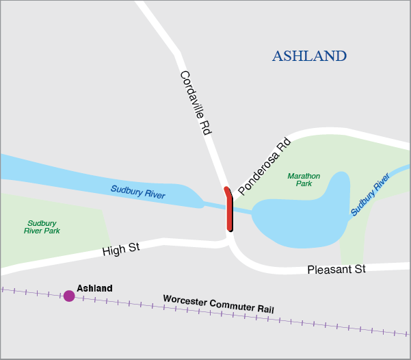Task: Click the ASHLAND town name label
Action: [x=309, y=56]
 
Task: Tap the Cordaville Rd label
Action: [x=194, y=102]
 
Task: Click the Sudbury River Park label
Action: [x=42, y=227]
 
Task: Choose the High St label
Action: [x=121, y=249]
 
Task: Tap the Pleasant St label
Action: [x=336, y=269]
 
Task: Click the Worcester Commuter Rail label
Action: [x=218, y=304]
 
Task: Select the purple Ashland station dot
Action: [x=69, y=296]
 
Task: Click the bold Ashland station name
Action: [x=94, y=288]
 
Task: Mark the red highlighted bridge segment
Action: [x=230, y=211]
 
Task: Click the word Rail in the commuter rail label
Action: [x=264, y=309]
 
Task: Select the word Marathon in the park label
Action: [x=304, y=175]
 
